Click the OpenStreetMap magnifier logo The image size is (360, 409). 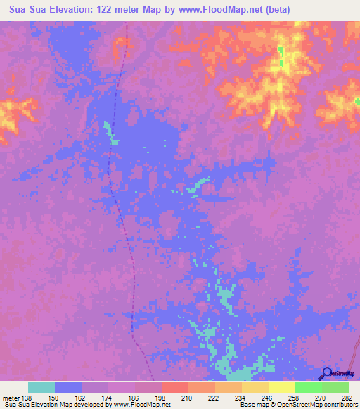327,374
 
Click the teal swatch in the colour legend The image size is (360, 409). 41,387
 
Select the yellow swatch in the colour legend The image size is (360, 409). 282,387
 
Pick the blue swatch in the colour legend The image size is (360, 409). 68,387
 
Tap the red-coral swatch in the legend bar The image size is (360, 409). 175,387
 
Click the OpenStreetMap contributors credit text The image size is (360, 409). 317,405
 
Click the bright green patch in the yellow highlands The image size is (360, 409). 281,56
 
